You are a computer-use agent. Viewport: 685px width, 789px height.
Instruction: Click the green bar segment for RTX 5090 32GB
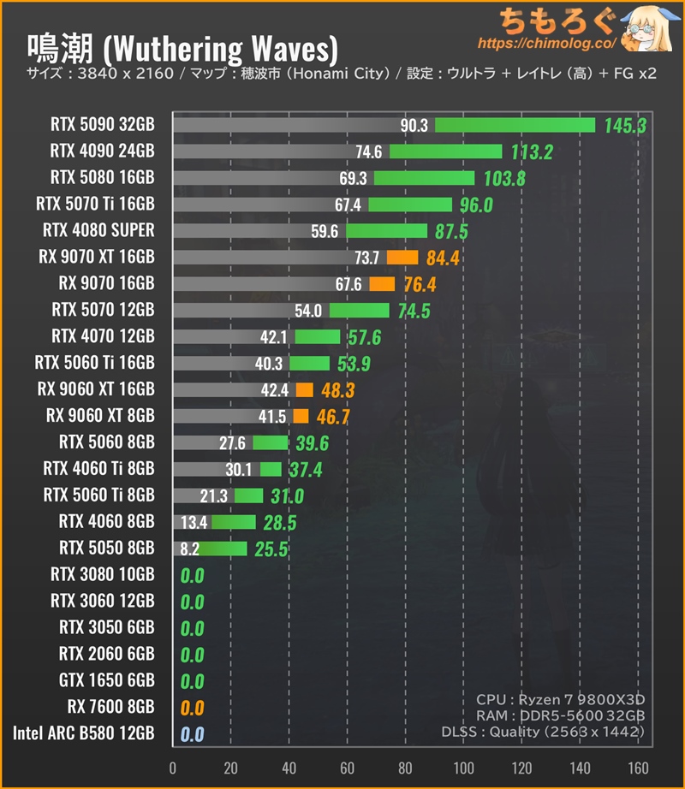click(x=515, y=125)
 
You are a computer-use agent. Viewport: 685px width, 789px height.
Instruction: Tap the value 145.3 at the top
click(x=624, y=126)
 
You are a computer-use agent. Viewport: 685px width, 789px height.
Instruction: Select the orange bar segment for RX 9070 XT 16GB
click(x=402, y=257)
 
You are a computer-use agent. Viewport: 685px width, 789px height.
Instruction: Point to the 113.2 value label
click(x=531, y=152)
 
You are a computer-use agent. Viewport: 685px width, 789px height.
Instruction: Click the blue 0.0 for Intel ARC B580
click(x=192, y=734)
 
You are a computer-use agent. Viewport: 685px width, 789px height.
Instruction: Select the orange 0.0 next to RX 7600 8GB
click(x=192, y=708)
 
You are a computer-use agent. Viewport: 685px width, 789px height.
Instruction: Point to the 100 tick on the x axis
click(x=463, y=767)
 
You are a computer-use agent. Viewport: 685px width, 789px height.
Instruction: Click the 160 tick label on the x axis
click(x=637, y=767)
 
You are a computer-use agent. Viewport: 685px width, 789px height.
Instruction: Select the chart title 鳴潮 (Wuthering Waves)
click(x=182, y=45)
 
